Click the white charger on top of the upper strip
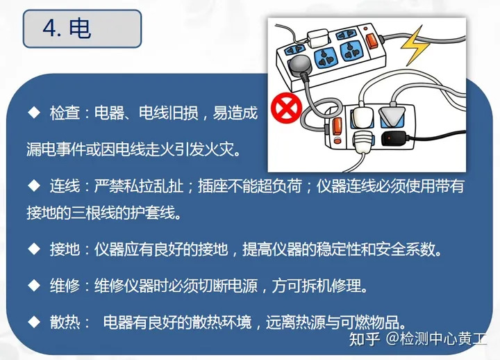click(x=319, y=35)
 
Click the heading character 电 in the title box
click(x=79, y=28)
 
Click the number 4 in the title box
click(x=49, y=28)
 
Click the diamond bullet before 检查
click(x=33, y=112)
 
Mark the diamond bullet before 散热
click(x=33, y=322)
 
